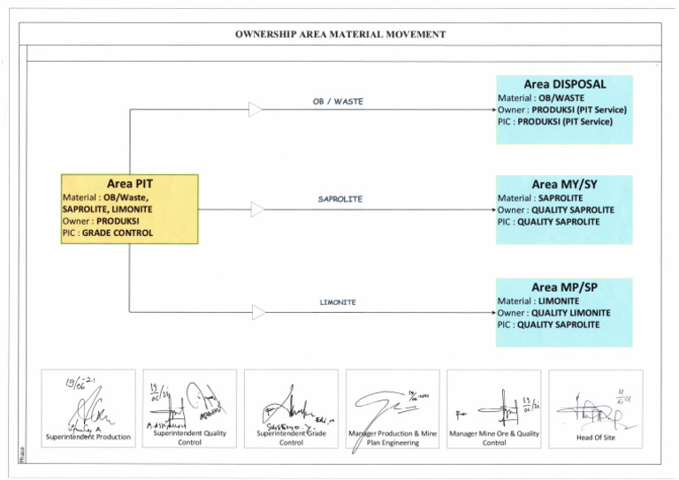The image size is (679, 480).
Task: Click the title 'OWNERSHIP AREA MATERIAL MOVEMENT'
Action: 339,34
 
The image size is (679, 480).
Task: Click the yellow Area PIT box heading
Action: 129,183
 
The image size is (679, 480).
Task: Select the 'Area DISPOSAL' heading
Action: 564,84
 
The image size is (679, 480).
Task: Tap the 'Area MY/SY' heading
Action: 564,185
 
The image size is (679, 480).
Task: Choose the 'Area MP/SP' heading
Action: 564,287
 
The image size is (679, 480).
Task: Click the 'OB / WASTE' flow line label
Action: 338,102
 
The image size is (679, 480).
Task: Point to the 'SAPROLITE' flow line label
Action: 340,200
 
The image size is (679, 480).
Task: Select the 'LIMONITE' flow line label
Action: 338,302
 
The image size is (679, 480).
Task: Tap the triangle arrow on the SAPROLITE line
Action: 257,210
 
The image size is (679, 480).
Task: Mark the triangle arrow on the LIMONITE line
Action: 258,312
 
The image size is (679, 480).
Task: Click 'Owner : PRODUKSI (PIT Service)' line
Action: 561,110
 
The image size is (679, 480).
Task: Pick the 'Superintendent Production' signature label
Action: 88,437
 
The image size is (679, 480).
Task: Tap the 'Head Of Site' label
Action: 595,437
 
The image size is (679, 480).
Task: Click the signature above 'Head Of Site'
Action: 597,410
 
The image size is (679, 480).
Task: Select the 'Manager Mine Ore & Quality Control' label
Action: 493,438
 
